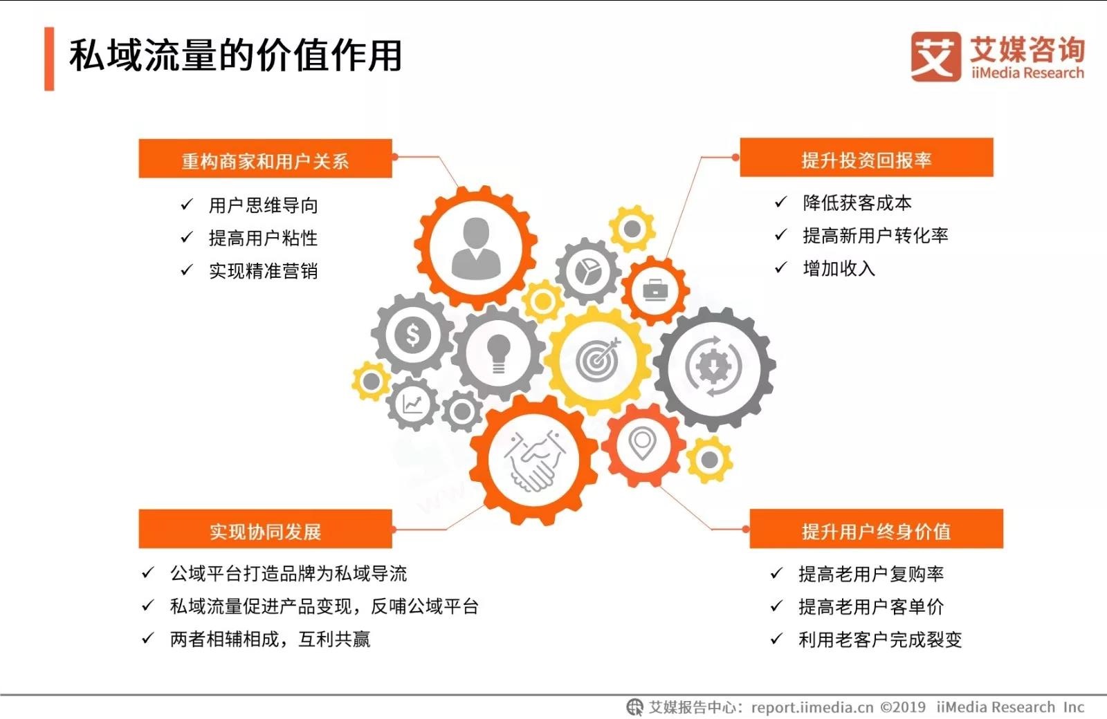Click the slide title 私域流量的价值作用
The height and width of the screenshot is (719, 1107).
click(235, 55)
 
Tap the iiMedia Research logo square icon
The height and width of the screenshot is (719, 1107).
click(936, 56)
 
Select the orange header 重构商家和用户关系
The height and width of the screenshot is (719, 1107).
click(266, 158)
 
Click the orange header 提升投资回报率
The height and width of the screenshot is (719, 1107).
click(866, 158)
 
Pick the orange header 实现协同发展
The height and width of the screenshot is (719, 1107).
click(266, 529)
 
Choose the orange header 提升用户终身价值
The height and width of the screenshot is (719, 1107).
click(876, 529)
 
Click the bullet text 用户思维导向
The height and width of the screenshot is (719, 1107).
click(263, 205)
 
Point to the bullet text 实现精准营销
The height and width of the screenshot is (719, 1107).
click(263, 270)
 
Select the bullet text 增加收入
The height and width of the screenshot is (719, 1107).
click(839, 268)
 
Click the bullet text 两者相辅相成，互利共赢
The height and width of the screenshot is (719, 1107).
click(270, 639)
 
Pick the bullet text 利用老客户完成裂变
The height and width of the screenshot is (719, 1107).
click(880, 639)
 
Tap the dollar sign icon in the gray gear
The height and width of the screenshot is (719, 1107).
click(412, 335)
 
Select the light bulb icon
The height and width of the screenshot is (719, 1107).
click(498, 353)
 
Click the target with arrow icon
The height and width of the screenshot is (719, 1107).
click(598, 359)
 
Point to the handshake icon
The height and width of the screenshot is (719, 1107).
click(534, 460)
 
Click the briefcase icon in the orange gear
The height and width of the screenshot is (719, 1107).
click(655, 290)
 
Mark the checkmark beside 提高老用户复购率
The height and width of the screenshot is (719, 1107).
click(776, 573)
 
